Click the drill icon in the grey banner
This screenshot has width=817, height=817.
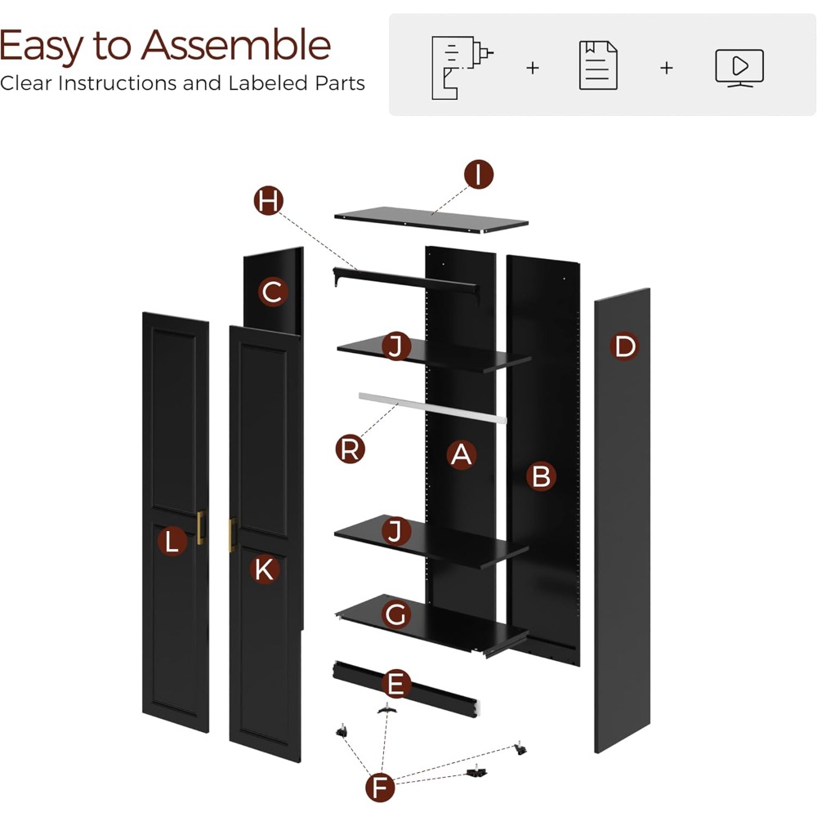pos(462,67)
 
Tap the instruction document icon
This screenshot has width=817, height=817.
pos(598,65)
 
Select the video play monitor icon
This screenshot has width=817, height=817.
pos(739,68)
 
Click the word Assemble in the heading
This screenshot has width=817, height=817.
pos(236,46)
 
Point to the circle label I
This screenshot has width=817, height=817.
pos(479,174)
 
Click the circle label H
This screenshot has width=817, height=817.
pos(269,200)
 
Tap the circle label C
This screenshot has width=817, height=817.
pos(273,292)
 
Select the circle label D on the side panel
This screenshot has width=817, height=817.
pos(624,346)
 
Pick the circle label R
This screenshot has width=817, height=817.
pos(350,449)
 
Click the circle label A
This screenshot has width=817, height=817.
pos(461,454)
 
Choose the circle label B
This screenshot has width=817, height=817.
pos(541,476)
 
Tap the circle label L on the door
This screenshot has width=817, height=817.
pos(172,542)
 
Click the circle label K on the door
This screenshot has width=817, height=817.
pos(265,569)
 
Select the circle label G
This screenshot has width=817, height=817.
pos(396,614)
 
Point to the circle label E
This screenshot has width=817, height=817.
pos(396,684)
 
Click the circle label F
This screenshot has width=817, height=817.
pos(380,788)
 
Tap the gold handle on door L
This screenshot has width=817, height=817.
pos(201,528)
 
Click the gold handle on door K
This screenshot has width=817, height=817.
pos(232,534)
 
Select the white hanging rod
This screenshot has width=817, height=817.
pos(432,408)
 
